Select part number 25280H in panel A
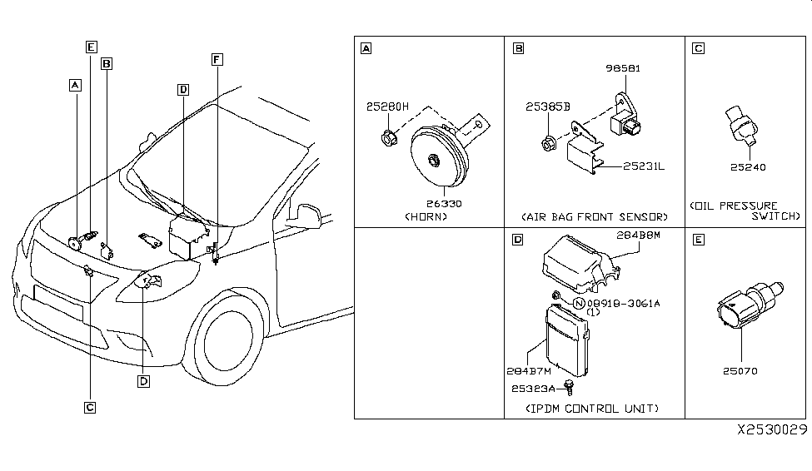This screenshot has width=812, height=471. coord(388,107)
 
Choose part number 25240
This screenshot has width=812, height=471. coord(748,166)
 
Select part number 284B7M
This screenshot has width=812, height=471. coord(527,369)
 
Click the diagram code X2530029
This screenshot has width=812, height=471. coord(772,431)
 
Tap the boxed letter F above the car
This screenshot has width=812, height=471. coord(217,60)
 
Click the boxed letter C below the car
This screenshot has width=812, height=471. coord(89,407)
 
